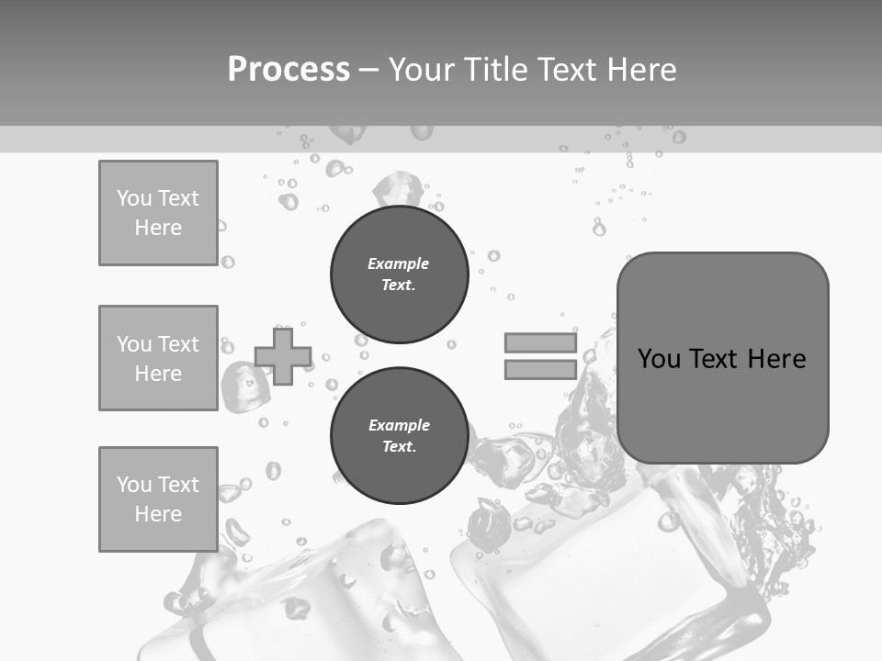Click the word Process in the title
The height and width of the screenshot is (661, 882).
[x=288, y=70]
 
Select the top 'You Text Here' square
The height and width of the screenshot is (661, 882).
[x=158, y=213]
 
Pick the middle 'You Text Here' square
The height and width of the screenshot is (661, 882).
[x=158, y=358]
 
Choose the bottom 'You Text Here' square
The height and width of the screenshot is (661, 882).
[x=158, y=499]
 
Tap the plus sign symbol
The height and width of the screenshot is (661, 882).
[x=283, y=355]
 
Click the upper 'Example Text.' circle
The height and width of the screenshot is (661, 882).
[x=399, y=274]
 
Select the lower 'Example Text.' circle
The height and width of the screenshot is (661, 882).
[x=399, y=435]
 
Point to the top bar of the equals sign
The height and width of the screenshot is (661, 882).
[x=540, y=342]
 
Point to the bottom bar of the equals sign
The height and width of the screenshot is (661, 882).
[x=540, y=369]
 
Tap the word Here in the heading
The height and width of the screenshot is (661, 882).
[x=641, y=70]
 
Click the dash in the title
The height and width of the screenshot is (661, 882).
[x=369, y=70]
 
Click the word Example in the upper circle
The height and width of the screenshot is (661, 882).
[x=399, y=263]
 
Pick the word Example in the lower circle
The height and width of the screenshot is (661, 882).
[x=399, y=425]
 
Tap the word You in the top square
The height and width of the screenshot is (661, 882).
[x=134, y=198]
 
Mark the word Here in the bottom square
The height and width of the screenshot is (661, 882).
[x=158, y=514]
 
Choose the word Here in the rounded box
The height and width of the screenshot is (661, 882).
[x=776, y=358]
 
